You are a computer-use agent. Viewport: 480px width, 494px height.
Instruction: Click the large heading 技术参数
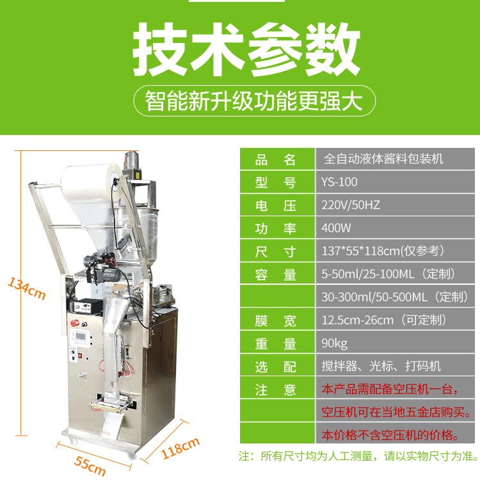pos(246,49)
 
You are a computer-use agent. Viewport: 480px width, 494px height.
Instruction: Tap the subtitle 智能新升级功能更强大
pos(254,101)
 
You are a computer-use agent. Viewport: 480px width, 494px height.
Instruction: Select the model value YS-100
pos(339,182)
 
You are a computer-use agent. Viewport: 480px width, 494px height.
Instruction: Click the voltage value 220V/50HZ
pos(351,205)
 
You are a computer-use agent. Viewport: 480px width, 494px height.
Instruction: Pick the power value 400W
pos(336,228)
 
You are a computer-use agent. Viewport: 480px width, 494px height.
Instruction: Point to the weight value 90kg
pos(334,343)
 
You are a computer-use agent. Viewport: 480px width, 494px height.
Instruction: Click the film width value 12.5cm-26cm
pos(357,321)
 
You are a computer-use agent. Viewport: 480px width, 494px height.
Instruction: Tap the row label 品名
pos(275,160)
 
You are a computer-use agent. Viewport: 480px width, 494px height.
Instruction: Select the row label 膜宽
pos(275,321)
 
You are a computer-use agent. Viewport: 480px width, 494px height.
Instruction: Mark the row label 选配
pos(275,367)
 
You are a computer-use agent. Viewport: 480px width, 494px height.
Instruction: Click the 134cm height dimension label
pos(27,288)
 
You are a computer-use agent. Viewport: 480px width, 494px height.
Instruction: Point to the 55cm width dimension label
pos(90,466)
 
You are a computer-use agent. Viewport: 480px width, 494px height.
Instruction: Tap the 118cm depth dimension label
pos(180,448)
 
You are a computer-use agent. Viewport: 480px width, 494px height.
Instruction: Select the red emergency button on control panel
pos(75,323)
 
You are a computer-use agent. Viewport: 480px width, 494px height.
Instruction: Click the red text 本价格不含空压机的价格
pos(390,435)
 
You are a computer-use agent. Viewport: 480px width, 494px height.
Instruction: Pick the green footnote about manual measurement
pos(358,456)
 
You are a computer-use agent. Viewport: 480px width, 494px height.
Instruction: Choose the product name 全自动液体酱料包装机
pos(383,159)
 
